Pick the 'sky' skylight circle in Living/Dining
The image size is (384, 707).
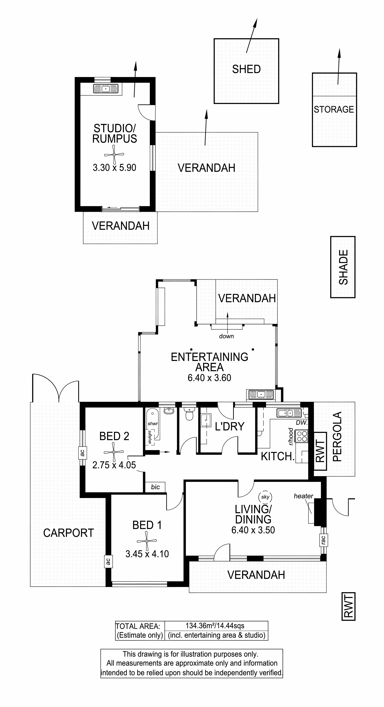(265, 497)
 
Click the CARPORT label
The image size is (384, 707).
(69, 533)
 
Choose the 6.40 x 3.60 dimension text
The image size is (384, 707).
(209, 378)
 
